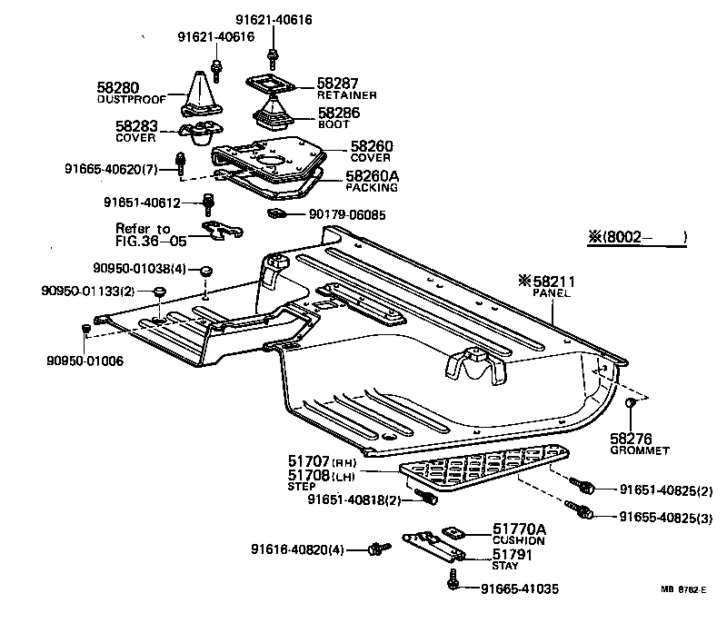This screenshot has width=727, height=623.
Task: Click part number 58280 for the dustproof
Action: (118, 87)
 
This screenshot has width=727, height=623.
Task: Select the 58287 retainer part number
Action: (337, 83)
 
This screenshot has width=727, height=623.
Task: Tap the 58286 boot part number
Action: (337, 113)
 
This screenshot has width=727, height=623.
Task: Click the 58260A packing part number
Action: (373, 176)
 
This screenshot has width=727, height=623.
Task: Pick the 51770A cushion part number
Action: (520, 529)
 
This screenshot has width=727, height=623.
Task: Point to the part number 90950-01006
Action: (85, 361)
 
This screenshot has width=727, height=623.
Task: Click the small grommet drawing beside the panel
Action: (629, 402)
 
